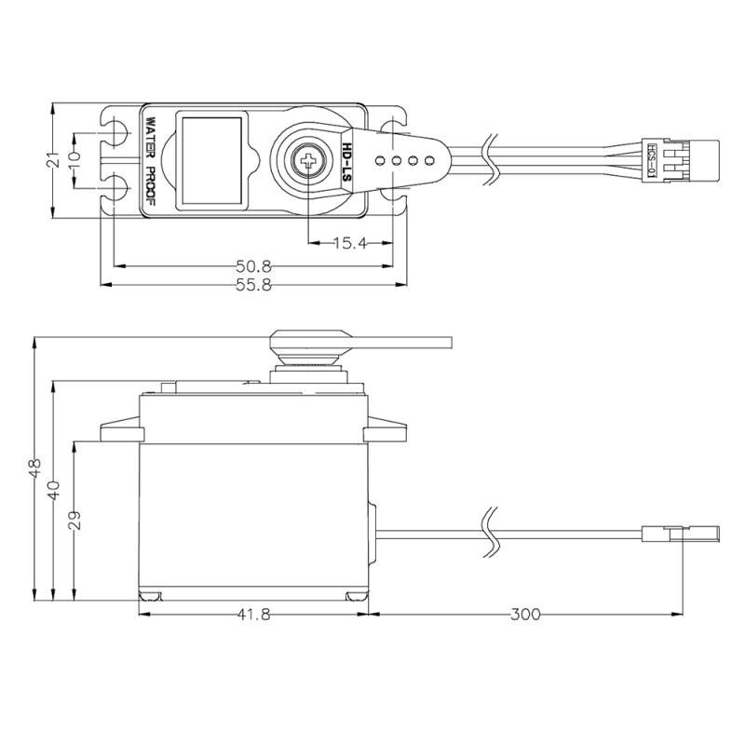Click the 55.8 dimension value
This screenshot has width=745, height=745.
[x=253, y=285]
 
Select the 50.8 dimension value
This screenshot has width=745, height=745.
[x=253, y=265]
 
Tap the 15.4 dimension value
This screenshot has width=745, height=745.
[x=350, y=244]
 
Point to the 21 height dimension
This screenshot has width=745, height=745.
[x=54, y=160]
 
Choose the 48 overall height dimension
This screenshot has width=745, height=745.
[x=35, y=468]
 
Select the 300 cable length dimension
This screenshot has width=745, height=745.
[x=524, y=615]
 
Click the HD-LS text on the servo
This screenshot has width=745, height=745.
[x=347, y=160]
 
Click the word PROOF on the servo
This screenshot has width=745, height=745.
[x=149, y=186]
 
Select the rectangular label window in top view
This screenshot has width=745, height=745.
[x=212, y=160]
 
